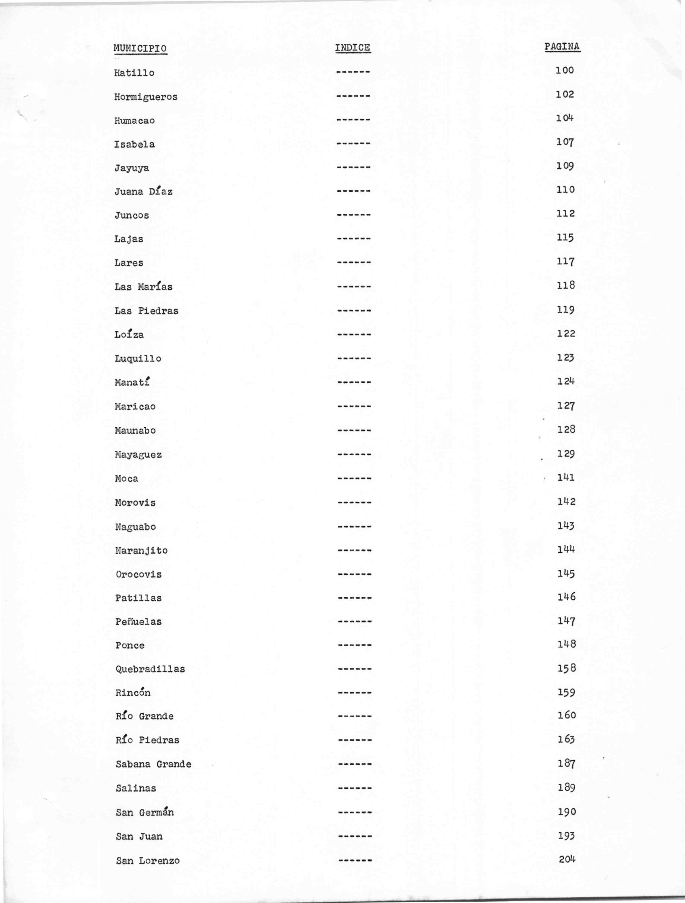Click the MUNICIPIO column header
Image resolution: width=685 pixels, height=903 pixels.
point(140,49)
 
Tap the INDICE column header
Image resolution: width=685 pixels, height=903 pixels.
point(353,48)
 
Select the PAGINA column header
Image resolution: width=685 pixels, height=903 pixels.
point(562,47)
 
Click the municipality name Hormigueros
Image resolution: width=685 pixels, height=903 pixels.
point(146,97)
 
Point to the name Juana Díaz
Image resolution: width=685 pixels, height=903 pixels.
point(143,191)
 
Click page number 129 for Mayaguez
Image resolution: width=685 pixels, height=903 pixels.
point(566,454)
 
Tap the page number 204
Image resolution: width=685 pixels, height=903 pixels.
point(567,859)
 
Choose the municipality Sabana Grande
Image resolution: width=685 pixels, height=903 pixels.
point(153,764)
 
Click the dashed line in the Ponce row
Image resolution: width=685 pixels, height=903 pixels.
point(354,645)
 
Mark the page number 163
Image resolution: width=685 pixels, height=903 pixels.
point(566,739)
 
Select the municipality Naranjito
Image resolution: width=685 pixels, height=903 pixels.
point(141,550)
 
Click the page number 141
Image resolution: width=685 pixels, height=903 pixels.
point(566,477)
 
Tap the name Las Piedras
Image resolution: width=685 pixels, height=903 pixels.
point(146,311)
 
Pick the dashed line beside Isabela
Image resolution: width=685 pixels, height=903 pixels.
point(353,144)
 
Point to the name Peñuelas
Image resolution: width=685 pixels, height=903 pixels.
point(138,622)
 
